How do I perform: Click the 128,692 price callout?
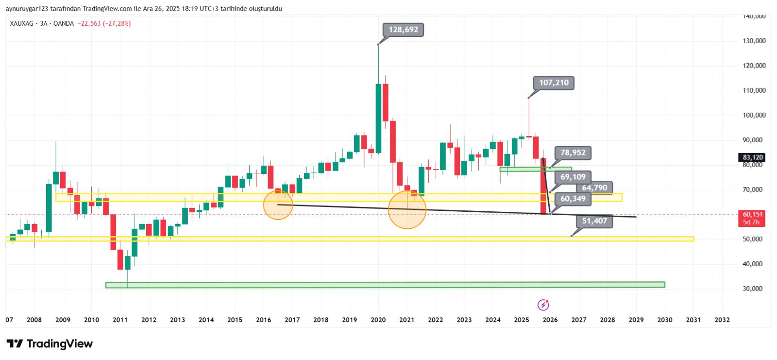(403, 30)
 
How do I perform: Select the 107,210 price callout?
(554, 83)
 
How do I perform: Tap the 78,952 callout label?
(573, 153)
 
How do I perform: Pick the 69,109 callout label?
(573, 177)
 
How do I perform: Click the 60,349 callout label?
(573, 198)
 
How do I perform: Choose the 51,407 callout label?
(594, 221)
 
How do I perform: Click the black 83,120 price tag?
(752, 157)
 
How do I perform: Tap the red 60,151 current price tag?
(752, 218)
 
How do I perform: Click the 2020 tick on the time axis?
(378, 320)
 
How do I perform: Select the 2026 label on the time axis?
(550, 320)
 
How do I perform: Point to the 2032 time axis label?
(722, 320)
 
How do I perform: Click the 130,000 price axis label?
(754, 41)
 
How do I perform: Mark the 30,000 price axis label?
(752, 289)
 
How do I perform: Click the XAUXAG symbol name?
(21, 23)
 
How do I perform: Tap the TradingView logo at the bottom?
(50, 344)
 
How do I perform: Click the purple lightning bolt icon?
(543, 305)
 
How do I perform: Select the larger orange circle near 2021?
(407, 209)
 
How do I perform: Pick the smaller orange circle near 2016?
(278, 205)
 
